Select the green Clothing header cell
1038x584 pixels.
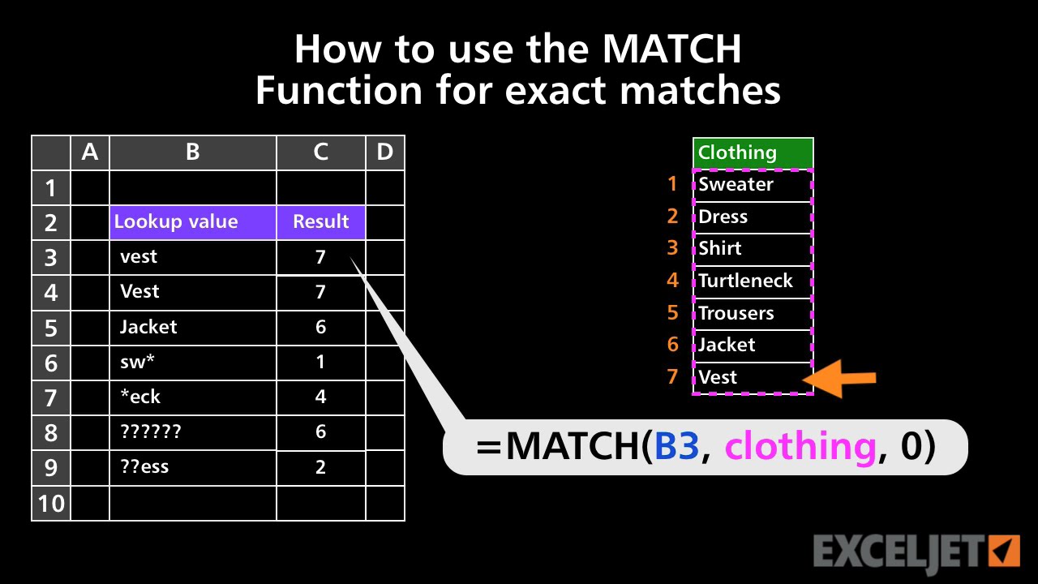pos(753,152)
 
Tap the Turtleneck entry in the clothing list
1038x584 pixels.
pos(753,281)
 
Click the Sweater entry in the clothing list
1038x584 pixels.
pos(753,185)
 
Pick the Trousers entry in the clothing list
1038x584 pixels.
pos(753,313)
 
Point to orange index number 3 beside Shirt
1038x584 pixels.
pos(672,248)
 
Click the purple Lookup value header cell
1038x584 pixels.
pos(193,222)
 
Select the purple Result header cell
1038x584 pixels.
pos(321,222)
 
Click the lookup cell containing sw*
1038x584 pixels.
pos(193,362)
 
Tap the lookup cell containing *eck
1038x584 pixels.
pos(193,397)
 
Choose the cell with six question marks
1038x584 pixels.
pos(193,432)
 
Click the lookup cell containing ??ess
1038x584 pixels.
pos(193,466)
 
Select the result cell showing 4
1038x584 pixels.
pos(321,397)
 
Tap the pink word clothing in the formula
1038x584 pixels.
pos(800,447)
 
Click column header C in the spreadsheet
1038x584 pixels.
pos(321,152)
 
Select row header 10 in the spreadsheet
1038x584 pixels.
pos(51,504)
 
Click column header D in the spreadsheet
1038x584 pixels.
pos(385,152)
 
